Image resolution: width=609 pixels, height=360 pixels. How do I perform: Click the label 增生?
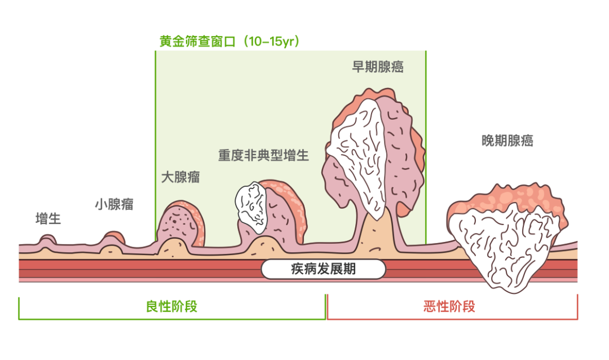tap(48, 219)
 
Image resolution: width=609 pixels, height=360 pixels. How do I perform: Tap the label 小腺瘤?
tap(114, 204)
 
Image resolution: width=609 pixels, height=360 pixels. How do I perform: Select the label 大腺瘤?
tap(180, 177)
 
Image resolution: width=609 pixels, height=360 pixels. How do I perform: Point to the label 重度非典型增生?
tap(264, 155)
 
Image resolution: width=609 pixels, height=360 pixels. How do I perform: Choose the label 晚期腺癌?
tap(507, 141)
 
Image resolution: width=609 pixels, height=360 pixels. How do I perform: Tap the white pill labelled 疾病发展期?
tap(323, 269)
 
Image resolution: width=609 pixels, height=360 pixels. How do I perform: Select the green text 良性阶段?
tap(171, 306)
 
